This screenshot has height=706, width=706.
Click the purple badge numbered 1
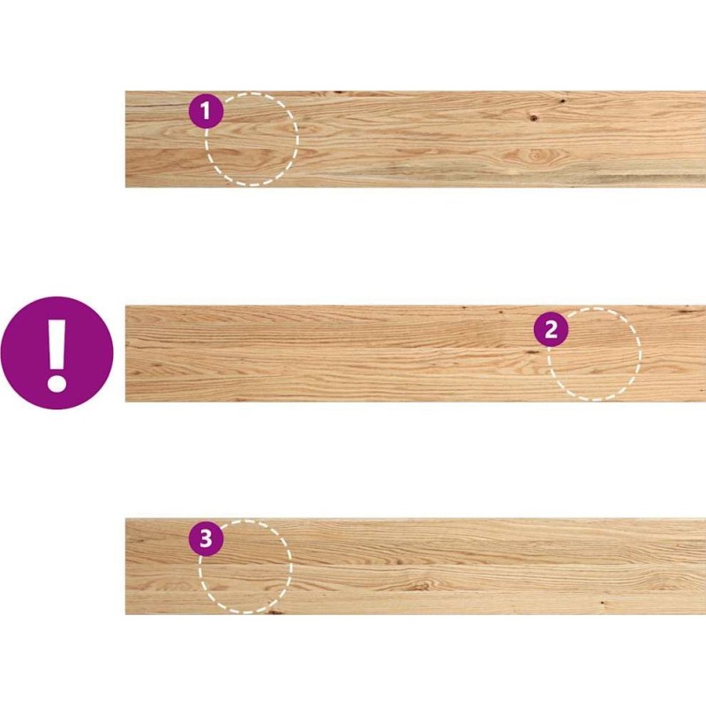(206, 111)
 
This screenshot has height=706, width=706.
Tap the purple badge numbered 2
(551, 329)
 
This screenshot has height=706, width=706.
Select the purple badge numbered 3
(206, 538)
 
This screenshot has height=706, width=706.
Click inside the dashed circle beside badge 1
(252, 139)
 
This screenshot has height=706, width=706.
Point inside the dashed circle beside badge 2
(594, 355)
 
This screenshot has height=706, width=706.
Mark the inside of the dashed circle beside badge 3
(245, 567)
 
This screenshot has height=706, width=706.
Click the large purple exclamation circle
(56, 352)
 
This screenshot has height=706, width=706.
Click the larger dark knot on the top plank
(534, 118)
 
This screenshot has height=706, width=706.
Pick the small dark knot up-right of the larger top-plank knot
(562, 101)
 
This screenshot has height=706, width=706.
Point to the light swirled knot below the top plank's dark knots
(536, 155)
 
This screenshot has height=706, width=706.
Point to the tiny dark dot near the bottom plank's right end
(602, 603)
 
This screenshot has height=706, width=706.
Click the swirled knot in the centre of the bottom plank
(421, 585)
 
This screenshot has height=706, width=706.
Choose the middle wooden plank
(416, 354)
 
